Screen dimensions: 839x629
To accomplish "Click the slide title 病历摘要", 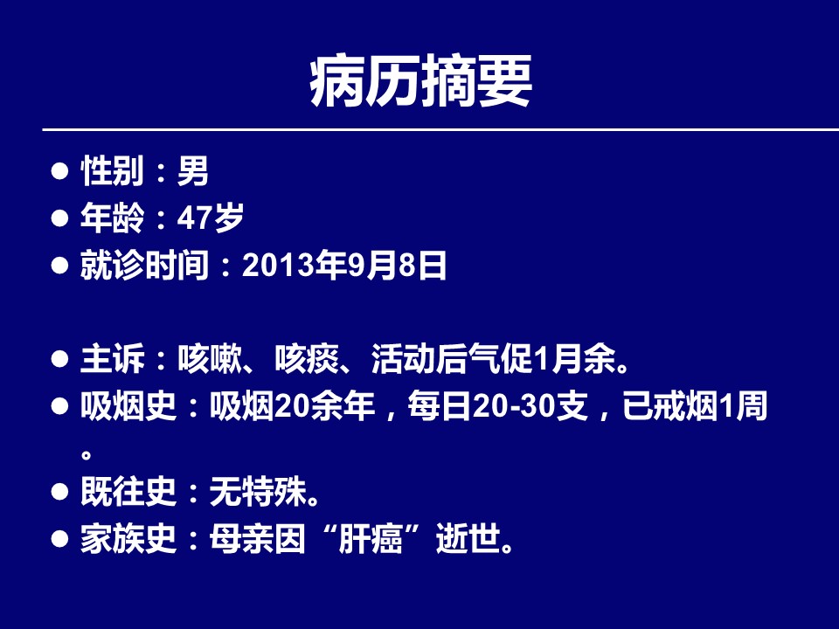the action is tap(420, 81).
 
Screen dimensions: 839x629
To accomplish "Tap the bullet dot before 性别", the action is tap(59, 171).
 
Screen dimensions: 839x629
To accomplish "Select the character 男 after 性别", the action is tap(192, 171).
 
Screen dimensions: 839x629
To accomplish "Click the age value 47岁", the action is tap(211, 218).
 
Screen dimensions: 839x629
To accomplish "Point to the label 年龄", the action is tap(113, 218).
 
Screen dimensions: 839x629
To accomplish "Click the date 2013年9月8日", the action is tap(344, 265).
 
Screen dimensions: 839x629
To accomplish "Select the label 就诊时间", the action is tap(144, 265).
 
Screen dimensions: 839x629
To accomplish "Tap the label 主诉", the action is tap(113, 359).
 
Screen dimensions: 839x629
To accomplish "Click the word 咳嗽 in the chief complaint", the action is tap(210, 359).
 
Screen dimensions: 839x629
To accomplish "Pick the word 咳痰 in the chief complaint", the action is tap(307, 359).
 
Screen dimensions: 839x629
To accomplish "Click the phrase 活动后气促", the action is tap(452, 359).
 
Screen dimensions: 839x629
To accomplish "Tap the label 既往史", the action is tap(128, 492).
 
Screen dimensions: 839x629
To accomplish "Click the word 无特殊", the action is tap(258, 492).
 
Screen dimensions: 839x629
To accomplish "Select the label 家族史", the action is tap(128, 539).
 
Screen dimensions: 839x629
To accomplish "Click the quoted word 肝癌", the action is tap(371, 539).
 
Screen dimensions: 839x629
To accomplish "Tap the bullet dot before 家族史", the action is tap(59, 539).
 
